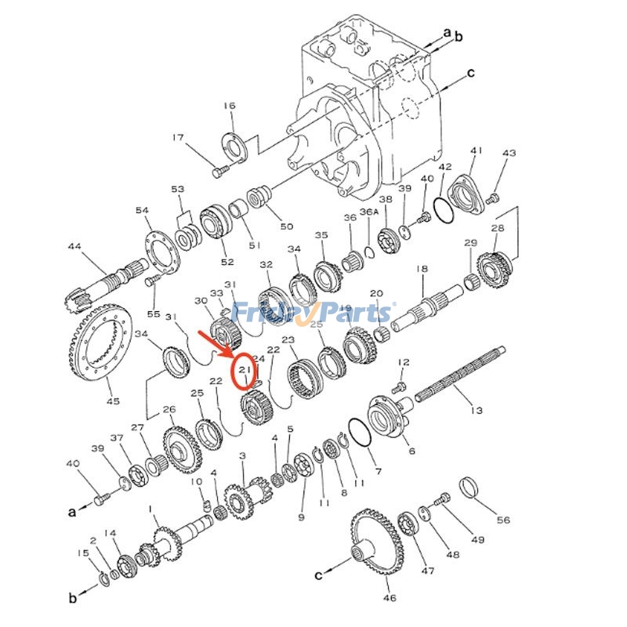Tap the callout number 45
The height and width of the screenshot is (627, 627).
tap(113, 400)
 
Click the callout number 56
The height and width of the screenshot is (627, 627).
tap(502, 520)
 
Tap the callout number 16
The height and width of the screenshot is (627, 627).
tap(229, 106)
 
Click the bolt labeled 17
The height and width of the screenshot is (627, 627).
tap(219, 168)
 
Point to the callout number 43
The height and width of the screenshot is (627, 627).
tap(509, 153)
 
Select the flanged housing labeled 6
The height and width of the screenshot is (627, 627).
tap(388, 415)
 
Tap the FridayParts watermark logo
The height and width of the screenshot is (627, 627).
tap(313, 313)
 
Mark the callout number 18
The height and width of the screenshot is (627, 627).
tap(422, 269)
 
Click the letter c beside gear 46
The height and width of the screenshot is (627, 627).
tap(319, 575)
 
